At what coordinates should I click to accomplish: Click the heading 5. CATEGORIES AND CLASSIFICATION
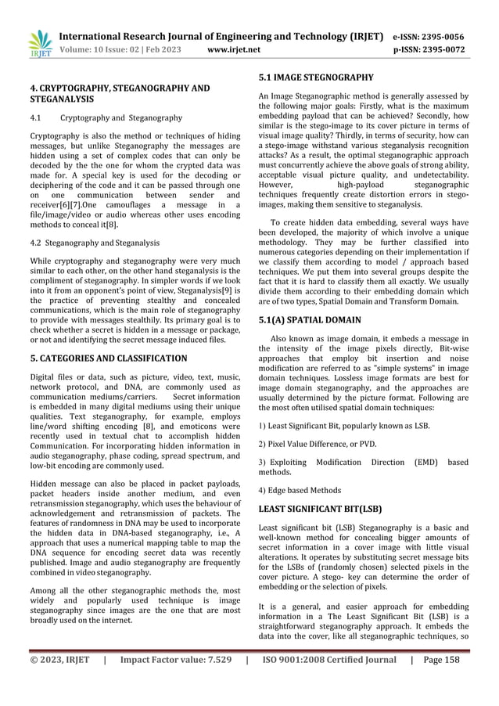[x=109, y=358]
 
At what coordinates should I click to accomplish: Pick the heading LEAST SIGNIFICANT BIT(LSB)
[x=321, y=509]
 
